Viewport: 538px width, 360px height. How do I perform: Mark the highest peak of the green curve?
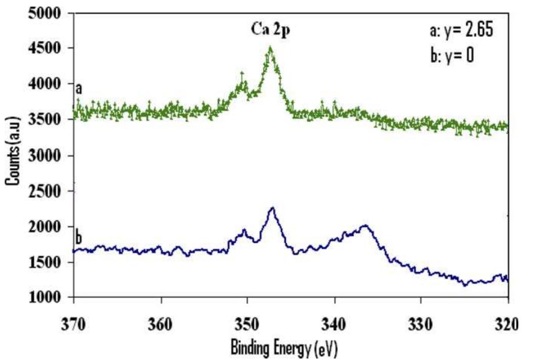[x=271, y=48]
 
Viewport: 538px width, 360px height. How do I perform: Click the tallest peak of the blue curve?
[x=273, y=208]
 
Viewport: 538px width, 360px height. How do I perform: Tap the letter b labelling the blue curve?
[x=79, y=237]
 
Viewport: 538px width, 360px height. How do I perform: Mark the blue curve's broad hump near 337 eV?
[x=363, y=226]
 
